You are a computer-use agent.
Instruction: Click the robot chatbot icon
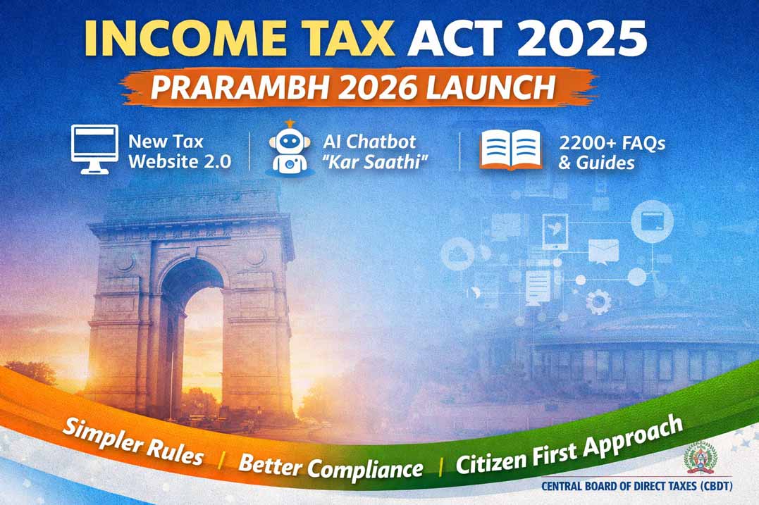click(x=289, y=148)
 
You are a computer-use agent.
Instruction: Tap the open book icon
click(x=511, y=149)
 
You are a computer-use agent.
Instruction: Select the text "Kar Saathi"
click(x=383, y=161)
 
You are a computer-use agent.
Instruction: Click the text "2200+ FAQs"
click(x=612, y=143)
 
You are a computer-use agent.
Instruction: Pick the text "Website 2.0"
click(x=179, y=161)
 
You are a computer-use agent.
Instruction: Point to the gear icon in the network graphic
click(x=598, y=302)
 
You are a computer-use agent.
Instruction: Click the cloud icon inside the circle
click(x=459, y=252)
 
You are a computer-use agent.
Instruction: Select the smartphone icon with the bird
click(x=555, y=230)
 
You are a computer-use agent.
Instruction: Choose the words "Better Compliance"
click(x=331, y=466)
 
